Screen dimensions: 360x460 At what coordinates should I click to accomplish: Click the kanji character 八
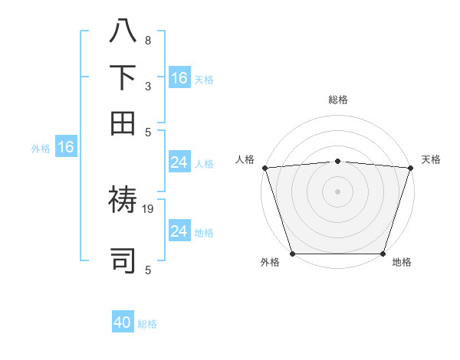(x=123, y=31)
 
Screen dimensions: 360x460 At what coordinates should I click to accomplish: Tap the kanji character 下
(x=123, y=77)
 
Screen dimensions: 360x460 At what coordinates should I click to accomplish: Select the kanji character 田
(x=123, y=123)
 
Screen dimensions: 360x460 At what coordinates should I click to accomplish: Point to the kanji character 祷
(x=123, y=202)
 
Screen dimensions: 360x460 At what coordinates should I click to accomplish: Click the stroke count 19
(x=149, y=208)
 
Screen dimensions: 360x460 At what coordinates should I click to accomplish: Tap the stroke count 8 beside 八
(x=148, y=40)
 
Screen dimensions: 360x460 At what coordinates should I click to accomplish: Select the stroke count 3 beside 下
(x=148, y=86)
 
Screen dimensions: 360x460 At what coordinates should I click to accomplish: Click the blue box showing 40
(x=123, y=322)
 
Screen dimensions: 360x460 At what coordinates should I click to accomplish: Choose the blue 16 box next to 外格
(x=66, y=147)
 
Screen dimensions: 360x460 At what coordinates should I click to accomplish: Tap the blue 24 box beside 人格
(x=179, y=162)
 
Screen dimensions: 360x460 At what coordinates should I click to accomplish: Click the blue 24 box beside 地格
(x=179, y=231)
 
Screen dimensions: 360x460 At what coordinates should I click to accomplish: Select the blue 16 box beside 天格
(x=179, y=77)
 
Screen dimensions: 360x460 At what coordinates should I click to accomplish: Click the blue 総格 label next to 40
(x=147, y=324)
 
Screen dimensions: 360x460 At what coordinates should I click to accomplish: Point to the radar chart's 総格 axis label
(x=337, y=100)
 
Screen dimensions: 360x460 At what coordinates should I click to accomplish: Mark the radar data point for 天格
(x=410, y=168)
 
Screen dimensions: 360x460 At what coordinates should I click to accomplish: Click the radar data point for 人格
(x=264, y=168)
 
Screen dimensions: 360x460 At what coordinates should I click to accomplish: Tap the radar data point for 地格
(x=383, y=254)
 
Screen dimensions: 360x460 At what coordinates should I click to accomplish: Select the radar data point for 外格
(x=292, y=254)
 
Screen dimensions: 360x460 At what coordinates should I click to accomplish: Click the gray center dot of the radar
(x=337, y=191)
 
